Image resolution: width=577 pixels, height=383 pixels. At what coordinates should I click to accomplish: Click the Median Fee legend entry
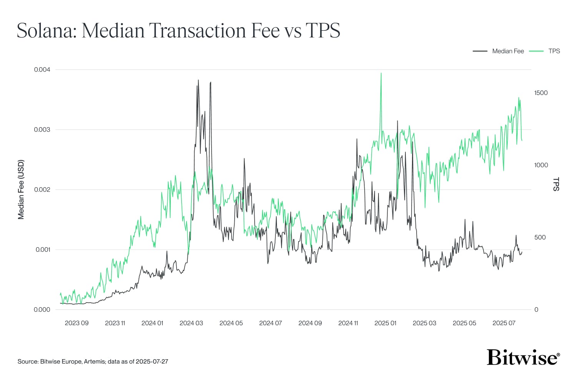tap(508, 51)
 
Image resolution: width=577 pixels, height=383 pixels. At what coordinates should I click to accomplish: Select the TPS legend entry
tap(554, 51)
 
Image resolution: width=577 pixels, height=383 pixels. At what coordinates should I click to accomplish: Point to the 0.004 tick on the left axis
tap(42, 70)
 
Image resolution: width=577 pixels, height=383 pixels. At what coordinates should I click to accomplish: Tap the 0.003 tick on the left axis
tap(42, 130)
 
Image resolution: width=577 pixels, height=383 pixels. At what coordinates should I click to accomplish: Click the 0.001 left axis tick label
tap(43, 250)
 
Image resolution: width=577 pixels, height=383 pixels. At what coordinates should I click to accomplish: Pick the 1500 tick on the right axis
tap(541, 93)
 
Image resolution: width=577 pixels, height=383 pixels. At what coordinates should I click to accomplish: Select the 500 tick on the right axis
tap(540, 237)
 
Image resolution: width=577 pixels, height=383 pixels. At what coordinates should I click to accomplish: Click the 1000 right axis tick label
tap(541, 165)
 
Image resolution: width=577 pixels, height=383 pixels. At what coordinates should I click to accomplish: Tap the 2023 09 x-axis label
tap(77, 323)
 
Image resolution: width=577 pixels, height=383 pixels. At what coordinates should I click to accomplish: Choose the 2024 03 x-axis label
tap(191, 323)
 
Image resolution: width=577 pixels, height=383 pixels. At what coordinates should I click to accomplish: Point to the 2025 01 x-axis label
tap(385, 323)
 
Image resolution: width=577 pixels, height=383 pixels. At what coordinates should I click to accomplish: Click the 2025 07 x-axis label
tap(504, 323)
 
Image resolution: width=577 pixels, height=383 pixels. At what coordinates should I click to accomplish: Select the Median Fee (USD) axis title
tap(21, 190)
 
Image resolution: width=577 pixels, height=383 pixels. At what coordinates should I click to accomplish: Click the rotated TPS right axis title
tap(555, 184)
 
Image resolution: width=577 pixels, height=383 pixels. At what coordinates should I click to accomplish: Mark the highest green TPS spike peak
tap(381, 73)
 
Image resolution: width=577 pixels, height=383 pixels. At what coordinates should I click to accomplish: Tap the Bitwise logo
tap(523, 357)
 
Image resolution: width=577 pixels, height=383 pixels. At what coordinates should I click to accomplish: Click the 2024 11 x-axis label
tap(348, 323)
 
